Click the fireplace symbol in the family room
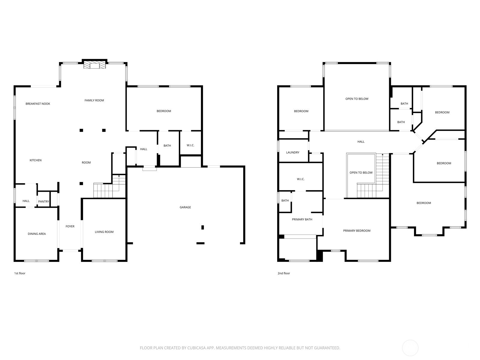(x=95, y=66)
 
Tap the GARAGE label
(x=185, y=207)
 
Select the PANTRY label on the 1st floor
(x=43, y=202)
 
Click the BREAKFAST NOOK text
(x=38, y=104)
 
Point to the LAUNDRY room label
(x=292, y=152)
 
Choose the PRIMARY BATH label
(x=302, y=220)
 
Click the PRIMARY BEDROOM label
(x=357, y=231)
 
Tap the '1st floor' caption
(x=20, y=273)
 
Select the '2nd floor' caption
(x=284, y=273)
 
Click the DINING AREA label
(x=37, y=234)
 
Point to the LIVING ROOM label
(x=104, y=232)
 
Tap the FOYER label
(x=70, y=226)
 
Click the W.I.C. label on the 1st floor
(x=190, y=145)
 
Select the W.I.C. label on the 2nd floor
(x=301, y=179)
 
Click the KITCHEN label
(x=35, y=160)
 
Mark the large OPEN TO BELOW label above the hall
(x=357, y=99)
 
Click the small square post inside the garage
(x=202, y=227)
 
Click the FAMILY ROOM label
(x=94, y=100)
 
